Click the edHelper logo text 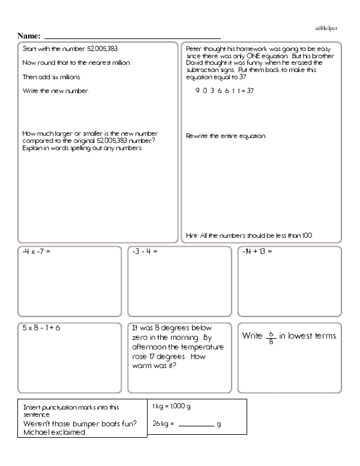click(x=326, y=28)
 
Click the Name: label click(x=29, y=35)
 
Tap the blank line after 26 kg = click(x=196, y=425)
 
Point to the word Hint click(x=192, y=235)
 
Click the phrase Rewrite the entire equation click(x=226, y=136)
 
